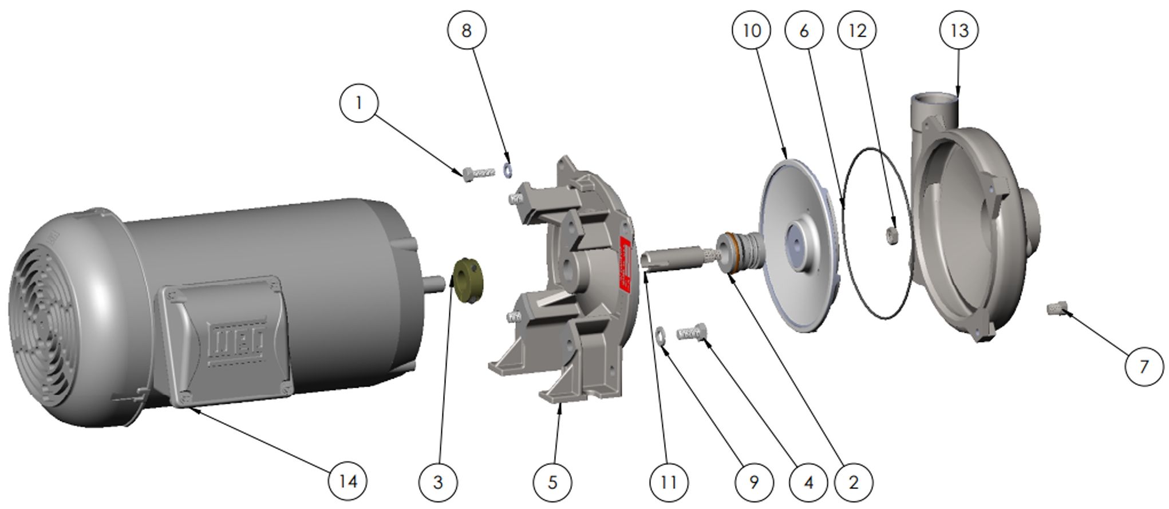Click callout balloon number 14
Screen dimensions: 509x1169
click(347, 481)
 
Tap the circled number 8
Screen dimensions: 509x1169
click(466, 30)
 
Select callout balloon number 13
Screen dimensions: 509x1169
click(959, 30)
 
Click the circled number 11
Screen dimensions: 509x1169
click(668, 482)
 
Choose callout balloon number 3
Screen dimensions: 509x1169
click(438, 482)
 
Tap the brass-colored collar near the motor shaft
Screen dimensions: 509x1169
click(468, 277)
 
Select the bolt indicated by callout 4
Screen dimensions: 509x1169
click(691, 333)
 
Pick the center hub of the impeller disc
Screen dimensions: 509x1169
click(797, 244)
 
